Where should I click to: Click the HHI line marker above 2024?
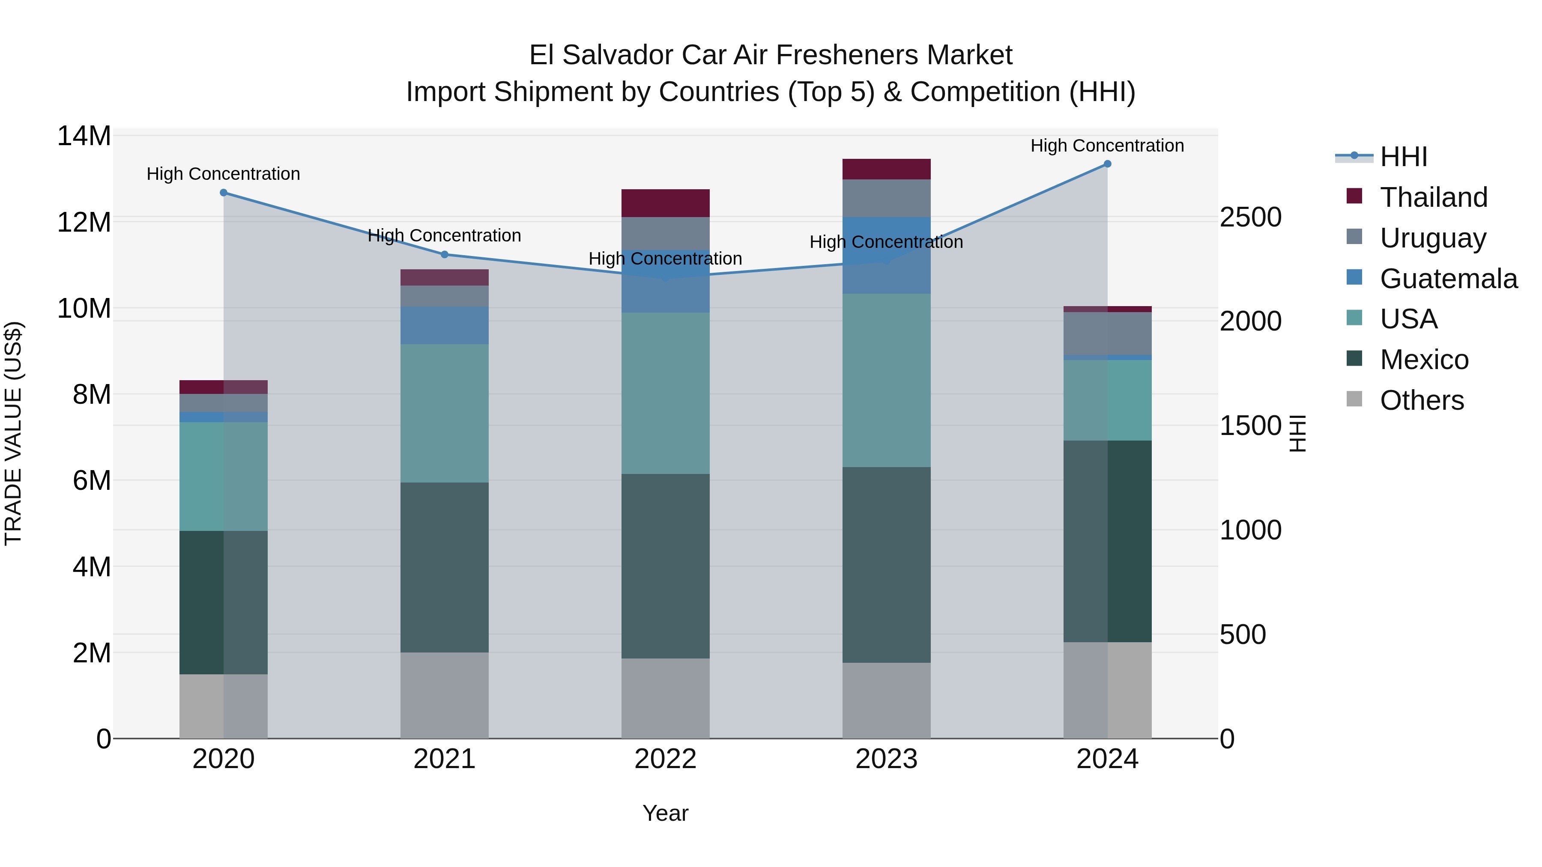1107,164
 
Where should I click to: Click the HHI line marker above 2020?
223,193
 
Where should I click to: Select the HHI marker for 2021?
444,254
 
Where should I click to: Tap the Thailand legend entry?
1433,197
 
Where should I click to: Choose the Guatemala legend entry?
1448,278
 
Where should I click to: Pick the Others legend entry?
1422,400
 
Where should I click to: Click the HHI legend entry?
1403,157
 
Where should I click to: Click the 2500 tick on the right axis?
1250,217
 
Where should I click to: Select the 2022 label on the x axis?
665,759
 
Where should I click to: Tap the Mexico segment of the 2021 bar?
444,567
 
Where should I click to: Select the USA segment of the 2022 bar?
665,393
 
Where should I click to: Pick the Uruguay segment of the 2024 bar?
1107,333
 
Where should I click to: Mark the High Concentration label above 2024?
1107,146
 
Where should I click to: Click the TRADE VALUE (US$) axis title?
13,433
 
